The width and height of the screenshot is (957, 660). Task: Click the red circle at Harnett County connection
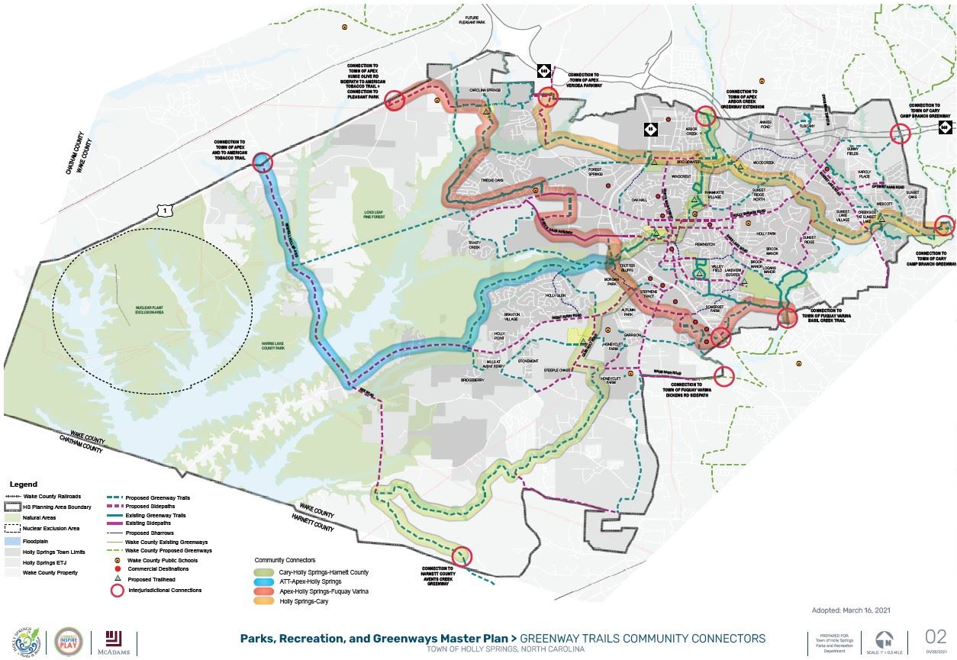(463, 557)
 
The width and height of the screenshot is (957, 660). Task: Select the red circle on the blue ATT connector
(262, 162)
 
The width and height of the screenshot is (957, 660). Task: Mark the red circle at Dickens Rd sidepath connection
(724, 375)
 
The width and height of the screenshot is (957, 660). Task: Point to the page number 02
(935, 636)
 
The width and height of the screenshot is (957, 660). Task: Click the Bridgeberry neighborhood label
(472, 379)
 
